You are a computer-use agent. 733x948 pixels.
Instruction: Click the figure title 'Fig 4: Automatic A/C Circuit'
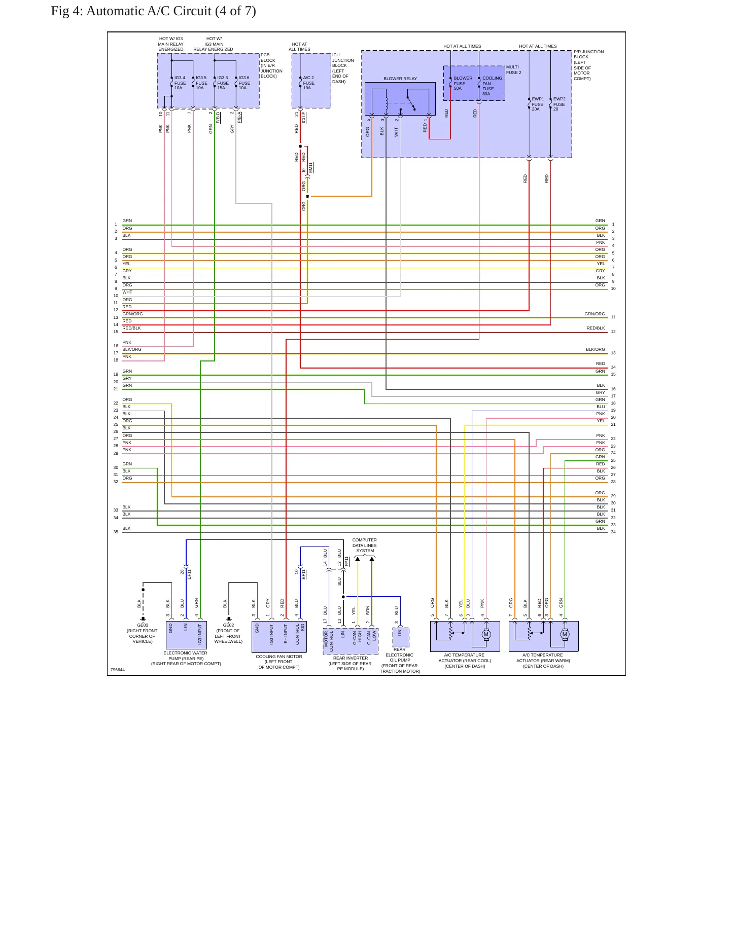pyautogui.click(x=131, y=11)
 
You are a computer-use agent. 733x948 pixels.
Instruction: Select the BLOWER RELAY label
pyautogui.click(x=400, y=79)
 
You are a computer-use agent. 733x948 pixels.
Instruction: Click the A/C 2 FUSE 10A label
pyautogui.click(x=308, y=83)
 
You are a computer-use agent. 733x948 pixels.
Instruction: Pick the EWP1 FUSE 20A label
pyautogui.click(x=538, y=104)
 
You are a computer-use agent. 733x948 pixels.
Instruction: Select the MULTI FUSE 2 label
pyautogui.click(x=514, y=69)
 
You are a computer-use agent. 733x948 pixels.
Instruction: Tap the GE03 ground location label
pyautogui.click(x=143, y=633)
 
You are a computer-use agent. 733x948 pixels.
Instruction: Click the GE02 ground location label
pyautogui.click(x=228, y=633)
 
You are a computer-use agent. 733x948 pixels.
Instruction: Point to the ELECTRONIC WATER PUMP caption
pyautogui.click(x=186, y=658)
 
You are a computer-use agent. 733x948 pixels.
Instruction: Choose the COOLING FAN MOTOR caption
pyautogui.click(x=279, y=662)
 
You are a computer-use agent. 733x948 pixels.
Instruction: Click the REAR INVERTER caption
pyautogui.click(x=351, y=663)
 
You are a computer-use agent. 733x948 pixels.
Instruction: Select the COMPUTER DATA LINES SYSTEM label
pyautogui.click(x=365, y=545)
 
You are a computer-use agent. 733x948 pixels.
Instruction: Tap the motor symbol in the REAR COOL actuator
pyautogui.click(x=486, y=634)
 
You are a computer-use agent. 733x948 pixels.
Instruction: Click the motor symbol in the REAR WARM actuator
pyautogui.click(x=565, y=634)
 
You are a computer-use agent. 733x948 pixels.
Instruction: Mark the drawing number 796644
pyautogui.click(x=118, y=670)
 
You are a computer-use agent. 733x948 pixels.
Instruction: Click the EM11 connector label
pyautogui.click(x=311, y=168)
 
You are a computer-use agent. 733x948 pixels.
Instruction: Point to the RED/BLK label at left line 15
pyautogui.click(x=131, y=328)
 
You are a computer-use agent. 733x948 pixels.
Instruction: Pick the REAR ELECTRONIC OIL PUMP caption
pyautogui.click(x=400, y=660)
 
